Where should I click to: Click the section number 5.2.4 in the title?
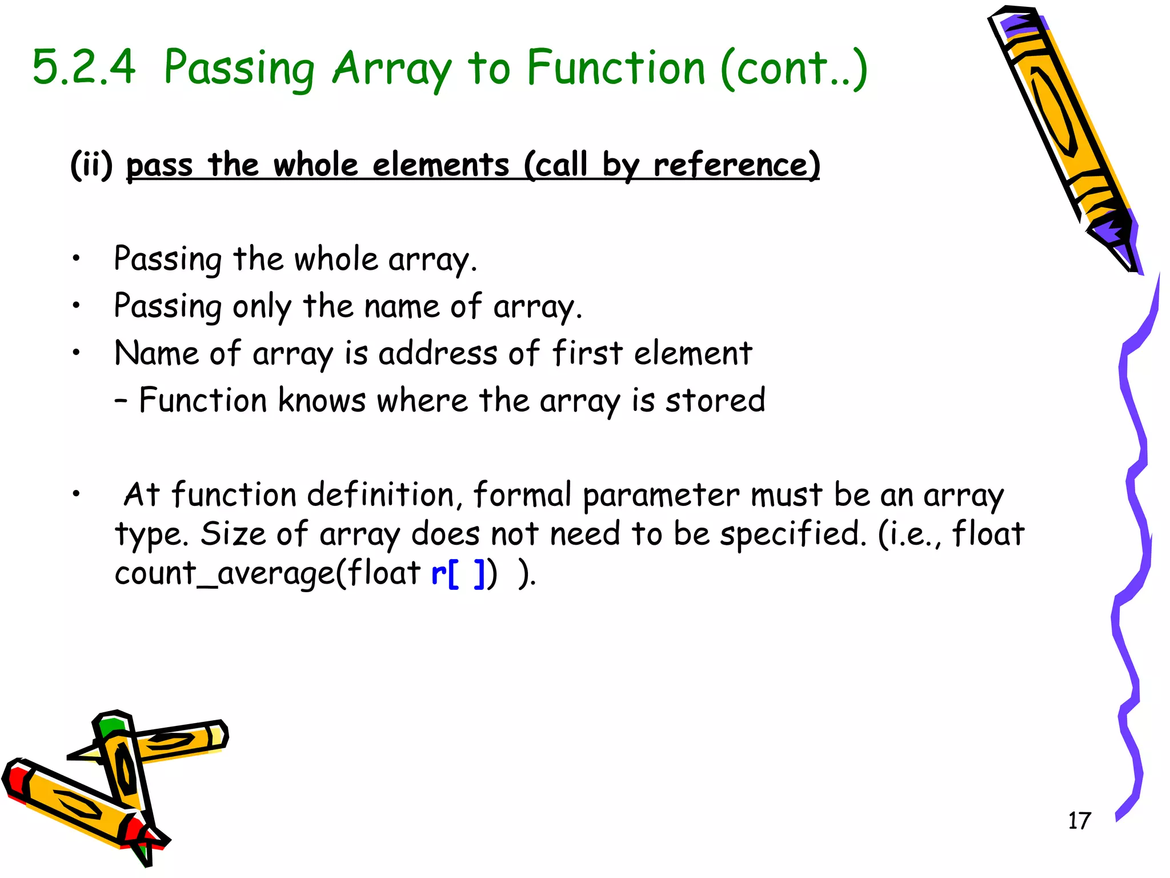pyautogui.click(x=84, y=68)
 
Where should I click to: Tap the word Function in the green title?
pyautogui.click(x=616, y=68)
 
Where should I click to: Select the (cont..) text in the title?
pyautogui.click(x=794, y=69)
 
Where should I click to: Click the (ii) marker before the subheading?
pyautogui.click(x=91, y=165)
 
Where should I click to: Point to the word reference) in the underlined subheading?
pyautogui.click(x=736, y=165)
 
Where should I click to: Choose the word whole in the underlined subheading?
pyautogui.click(x=316, y=165)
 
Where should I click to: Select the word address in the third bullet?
pyautogui.click(x=438, y=353)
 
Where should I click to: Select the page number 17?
pyautogui.click(x=1079, y=821)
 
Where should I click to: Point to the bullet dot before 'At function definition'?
pyautogui.click(x=76, y=494)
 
